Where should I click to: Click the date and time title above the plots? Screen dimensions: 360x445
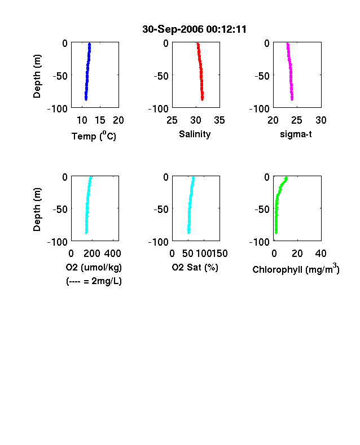pyautogui.click(x=195, y=29)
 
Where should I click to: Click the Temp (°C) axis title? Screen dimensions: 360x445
pyautogui.click(x=94, y=136)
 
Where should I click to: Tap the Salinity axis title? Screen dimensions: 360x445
pyautogui.click(x=195, y=134)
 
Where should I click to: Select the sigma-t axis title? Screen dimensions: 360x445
pyautogui.click(x=296, y=134)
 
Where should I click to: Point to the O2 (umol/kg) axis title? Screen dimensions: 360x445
pyautogui.click(x=94, y=267)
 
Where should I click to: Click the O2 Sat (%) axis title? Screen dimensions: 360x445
pyautogui.click(x=195, y=267)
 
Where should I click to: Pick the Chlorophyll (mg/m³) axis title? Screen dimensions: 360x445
pyautogui.click(x=296, y=269)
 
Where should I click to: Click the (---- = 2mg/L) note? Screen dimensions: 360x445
pyautogui.click(x=94, y=281)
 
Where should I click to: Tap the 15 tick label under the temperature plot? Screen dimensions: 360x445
pyautogui.click(x=100, y=120)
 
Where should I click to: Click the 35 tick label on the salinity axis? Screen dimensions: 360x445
pyautogui.click(x=219, y=120)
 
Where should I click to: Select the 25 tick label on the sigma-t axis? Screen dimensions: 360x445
pyautogui.click(x=296, y=120)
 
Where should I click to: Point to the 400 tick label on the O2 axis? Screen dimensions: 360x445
pyautogui.click(x=112, y=254)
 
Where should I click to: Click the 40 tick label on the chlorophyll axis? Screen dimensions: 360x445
pyautogui.click(x=321, y=254)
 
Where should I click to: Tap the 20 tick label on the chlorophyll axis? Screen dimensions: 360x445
pyautogui.click(x=297, y=254)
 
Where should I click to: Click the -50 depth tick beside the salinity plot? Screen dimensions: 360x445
pyautogui.click(x=161, y=76)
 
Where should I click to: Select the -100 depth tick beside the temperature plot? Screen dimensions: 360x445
pyautogui.click(x=57, y=108)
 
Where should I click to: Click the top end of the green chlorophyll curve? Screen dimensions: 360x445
pyautogui.click(x=286, y=178)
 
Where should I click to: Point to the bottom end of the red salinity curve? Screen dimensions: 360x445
pyautogui.click(x=203, y=99)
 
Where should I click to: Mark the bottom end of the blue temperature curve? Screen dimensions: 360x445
pyautogui.click(x=86, y=99)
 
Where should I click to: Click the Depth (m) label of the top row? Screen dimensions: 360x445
pyautogui.click(x=37, y=76)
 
